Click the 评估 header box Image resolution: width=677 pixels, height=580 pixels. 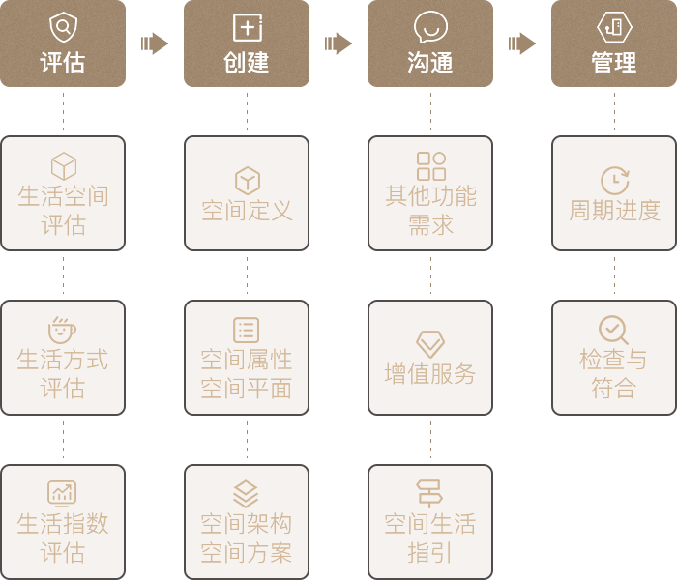click(63, 43)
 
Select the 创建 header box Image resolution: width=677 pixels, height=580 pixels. click(246, 43)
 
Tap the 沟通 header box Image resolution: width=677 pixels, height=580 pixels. click(429, 43)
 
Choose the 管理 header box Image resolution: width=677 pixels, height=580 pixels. click(613, 43)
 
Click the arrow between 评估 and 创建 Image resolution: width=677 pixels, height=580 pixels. click(154, 43)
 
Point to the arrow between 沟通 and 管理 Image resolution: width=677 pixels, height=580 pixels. click(522, 43)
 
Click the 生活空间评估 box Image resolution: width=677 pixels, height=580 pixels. click(63, 193)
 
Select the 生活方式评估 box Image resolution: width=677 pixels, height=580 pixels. click(63, 358)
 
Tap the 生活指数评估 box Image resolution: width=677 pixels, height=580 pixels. click(63, 522)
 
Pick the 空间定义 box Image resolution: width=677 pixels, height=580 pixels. click(246, 193)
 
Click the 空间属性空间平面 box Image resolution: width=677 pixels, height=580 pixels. click(246, 358)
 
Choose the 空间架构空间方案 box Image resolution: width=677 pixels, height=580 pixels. click(246, 522)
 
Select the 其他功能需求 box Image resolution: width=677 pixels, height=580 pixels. click(429, 193)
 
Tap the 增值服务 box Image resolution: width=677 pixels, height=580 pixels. click(429, 358)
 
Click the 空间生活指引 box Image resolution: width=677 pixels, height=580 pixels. click(429, 522)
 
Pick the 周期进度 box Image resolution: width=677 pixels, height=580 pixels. click(613, 193)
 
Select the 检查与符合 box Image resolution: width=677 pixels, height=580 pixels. click(613, 358)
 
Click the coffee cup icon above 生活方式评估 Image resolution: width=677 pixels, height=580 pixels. click(63, 329)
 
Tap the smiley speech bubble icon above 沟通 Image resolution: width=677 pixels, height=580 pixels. click(429, 26)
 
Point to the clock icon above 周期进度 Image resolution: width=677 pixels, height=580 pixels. click(614, 180)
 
